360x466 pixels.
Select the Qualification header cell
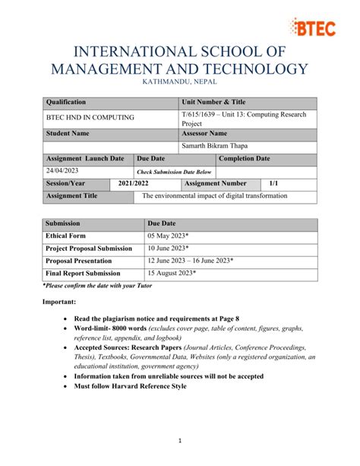(67, 102)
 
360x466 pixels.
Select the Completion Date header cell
(245, 158)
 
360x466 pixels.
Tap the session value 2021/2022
(134, 183)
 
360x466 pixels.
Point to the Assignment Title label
(72, 195)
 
